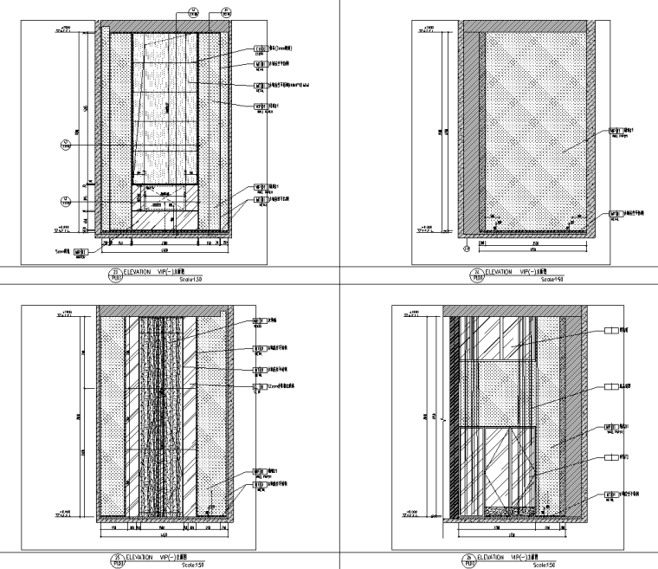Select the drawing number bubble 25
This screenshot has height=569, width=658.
click(115, 559)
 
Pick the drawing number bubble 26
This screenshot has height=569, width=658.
click(472, 559)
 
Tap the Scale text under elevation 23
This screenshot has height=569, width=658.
click(189, 280)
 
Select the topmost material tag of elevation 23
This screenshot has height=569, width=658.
click(260, 49)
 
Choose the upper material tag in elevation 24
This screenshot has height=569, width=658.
click(617, 133)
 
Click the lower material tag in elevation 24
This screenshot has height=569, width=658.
click(617, 214)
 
